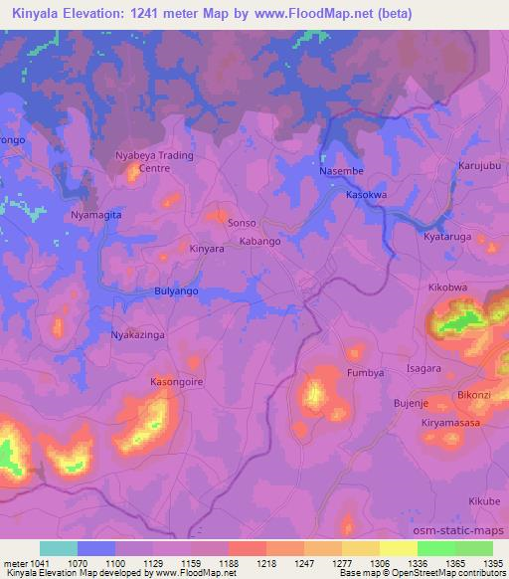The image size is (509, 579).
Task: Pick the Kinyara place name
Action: point(207,249)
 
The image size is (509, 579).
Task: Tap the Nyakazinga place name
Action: point(137,335)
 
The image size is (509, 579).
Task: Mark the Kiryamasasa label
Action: point(453,424)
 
